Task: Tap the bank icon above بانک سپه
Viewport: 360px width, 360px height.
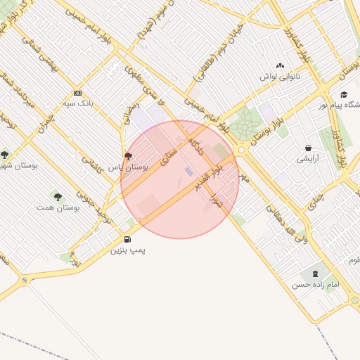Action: tap(77, 93)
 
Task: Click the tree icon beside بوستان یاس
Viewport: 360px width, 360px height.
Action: tap(127, 156)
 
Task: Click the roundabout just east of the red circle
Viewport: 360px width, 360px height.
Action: tap(242, 150)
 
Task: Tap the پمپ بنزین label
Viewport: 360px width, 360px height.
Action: tap(127, 250)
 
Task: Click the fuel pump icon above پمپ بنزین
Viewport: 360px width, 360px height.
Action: tap(127, 238)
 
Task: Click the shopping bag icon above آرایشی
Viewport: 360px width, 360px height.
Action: tap(308, 148)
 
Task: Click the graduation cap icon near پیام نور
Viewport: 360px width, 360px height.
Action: tap(344, 95)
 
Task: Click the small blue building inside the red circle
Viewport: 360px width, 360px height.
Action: tap(188, 171)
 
